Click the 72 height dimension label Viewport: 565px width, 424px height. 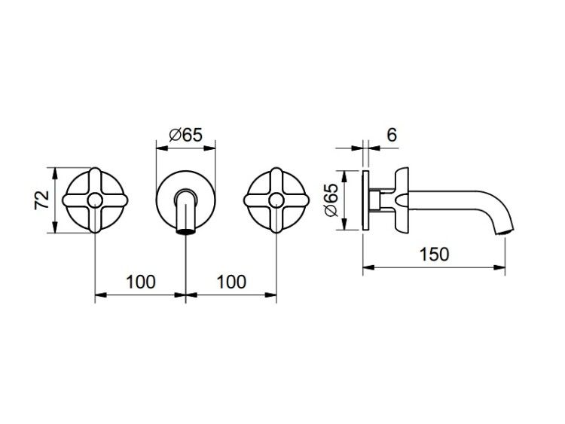[41, 200]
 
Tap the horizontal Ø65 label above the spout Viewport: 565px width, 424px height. [186, 136]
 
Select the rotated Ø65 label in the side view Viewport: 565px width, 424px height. [331, 200]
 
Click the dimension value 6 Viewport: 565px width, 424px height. [392, 135]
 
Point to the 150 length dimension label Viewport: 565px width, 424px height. [434, 255]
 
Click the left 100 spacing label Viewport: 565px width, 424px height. [141, 282]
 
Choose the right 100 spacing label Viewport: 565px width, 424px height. [231, 282]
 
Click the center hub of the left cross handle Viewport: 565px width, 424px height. [95, 200]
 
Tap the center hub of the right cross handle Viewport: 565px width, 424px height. [276, 200]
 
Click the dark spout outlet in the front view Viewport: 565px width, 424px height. [185, 231]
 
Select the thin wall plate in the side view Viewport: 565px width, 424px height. [365, 200]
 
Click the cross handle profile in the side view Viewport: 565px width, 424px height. [401, 200]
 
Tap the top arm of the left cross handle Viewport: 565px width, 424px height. [95, 180]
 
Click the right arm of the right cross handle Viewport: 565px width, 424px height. [296, 200]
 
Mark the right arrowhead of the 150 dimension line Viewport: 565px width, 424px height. [499, 267]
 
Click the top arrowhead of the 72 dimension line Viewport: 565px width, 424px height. [55, 173]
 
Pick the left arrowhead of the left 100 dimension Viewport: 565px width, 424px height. [101, 295]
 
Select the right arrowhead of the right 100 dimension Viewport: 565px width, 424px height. [271, 295]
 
